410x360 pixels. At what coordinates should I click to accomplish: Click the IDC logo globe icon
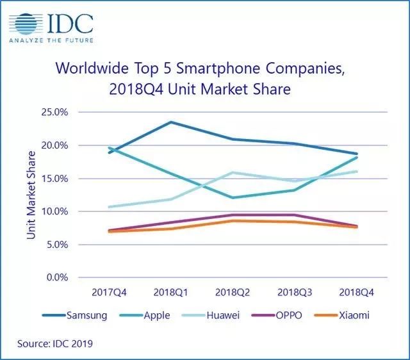(24, 24)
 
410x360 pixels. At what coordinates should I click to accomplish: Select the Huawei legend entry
(224, 316)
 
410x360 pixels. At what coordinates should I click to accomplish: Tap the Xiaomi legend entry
(353, 316)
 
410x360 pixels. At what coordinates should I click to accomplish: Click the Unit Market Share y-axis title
(31, 195)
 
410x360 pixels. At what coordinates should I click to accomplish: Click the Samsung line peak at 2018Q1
(171, 122)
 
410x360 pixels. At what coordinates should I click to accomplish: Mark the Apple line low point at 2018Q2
(233, 197)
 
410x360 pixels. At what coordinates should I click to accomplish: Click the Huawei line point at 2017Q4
(110, 207)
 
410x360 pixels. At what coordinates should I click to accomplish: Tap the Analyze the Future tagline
(51, 40)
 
